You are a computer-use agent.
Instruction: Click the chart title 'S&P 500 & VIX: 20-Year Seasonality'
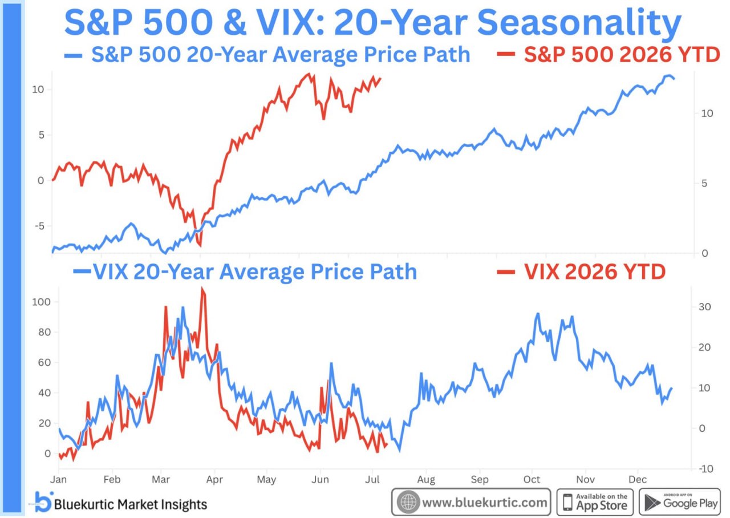tap(373, 23)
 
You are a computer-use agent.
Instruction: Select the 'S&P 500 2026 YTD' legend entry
tap(609, 54)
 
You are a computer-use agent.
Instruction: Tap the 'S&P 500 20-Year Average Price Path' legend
tap(267, 54)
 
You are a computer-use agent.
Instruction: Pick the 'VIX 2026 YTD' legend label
tap(581, 272)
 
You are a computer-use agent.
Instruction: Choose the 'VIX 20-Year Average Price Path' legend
tap(245, 272)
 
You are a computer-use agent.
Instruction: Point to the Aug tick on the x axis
tap(426, 480)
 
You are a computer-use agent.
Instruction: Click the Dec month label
tap(638, 479)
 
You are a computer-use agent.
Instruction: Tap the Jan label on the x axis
tap(58, 479)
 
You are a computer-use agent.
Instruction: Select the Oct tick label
tap(532, 479)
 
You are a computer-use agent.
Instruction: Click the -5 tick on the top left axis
tap(39, 226)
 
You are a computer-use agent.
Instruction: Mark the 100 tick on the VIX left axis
tap(41, 302)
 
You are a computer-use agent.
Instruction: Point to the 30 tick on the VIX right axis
tap(704, 307)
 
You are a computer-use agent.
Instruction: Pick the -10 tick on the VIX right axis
tap(706, 469)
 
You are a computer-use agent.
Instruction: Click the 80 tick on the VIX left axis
tap(44, 332)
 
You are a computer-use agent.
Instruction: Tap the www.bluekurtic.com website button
tap(471, 502)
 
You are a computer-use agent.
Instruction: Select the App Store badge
tap(595, 502)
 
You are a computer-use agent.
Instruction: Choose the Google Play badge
tap(680, 502)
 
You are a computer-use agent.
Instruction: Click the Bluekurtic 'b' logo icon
tap(43, 501)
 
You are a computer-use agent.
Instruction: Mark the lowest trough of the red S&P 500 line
tap(200, 246)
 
